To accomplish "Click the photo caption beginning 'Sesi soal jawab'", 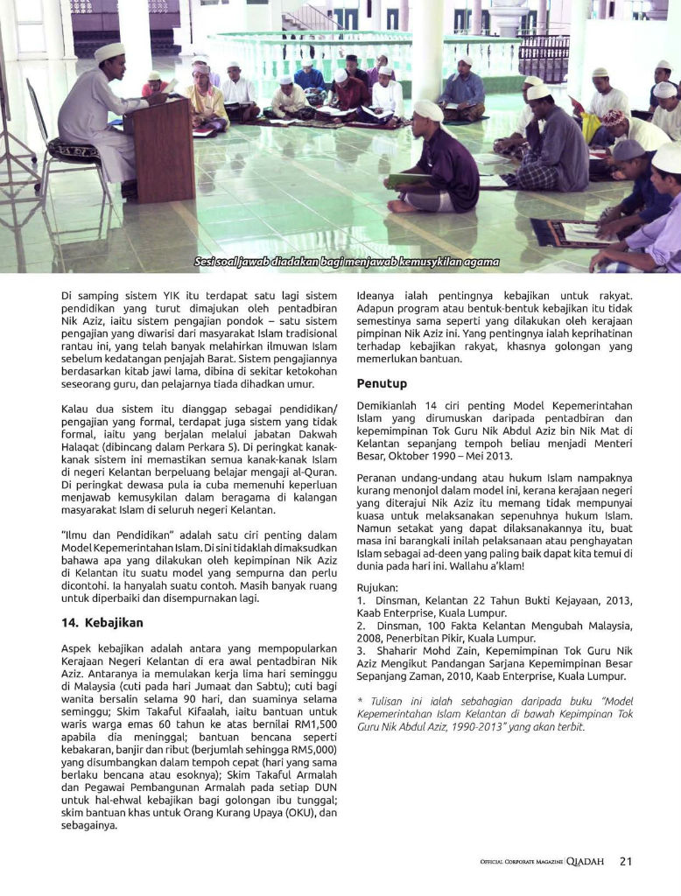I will tap(347, 262).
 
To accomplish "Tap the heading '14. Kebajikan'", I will tap(102, 623).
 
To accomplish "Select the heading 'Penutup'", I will tap(382, 383).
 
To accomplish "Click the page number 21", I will tap(625, 861).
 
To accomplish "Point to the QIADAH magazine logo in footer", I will tap(585, 861).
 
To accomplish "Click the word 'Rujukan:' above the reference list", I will tap(377, 587).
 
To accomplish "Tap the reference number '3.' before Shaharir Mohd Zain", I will tap(362, 651).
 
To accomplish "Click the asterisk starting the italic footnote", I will tap(360, 702).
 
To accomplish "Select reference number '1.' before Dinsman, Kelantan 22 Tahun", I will tap(362, 601).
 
